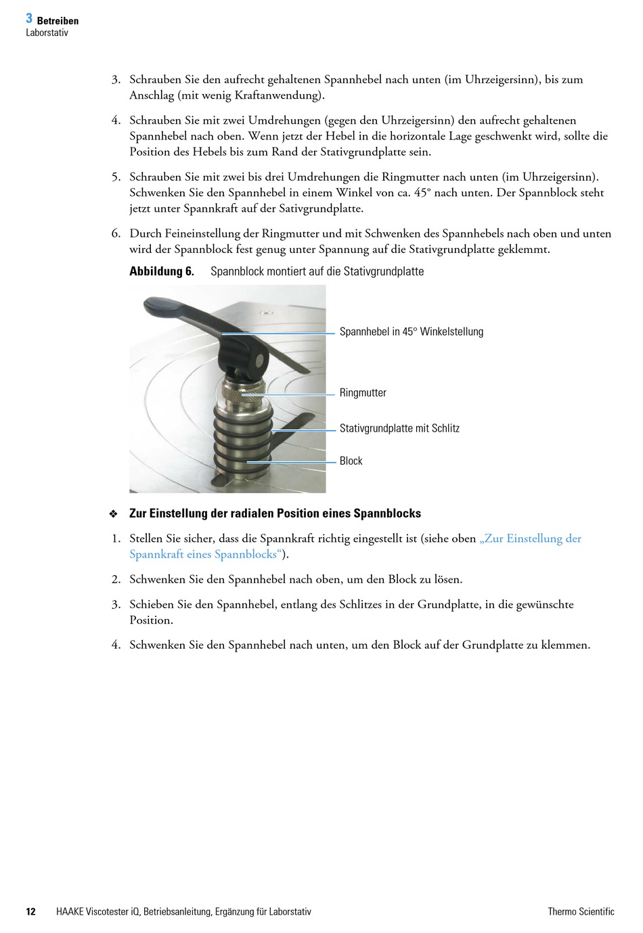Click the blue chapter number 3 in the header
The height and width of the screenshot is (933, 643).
(x=29, y=19)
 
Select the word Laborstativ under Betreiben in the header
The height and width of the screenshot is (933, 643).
(x=47, y=32)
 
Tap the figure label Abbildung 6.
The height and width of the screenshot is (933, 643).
(x=161, y=271)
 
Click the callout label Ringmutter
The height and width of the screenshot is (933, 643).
(x=363, y=392)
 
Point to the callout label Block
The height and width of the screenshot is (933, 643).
(x=351, y=461)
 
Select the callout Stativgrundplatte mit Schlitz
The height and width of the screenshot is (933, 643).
(x=399, y=428)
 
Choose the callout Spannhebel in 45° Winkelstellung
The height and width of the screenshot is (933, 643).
(x=411, y=332)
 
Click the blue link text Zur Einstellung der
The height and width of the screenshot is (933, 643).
(x=531, y=539)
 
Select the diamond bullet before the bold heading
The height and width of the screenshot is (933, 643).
(x=114, y=514)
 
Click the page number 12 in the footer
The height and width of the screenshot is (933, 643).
(x=30, y=911)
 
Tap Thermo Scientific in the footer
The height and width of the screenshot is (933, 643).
(x=581, y=911)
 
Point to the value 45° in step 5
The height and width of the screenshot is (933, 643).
(x=422, y=193)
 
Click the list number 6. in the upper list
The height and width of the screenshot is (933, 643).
(x=116, y=233)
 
